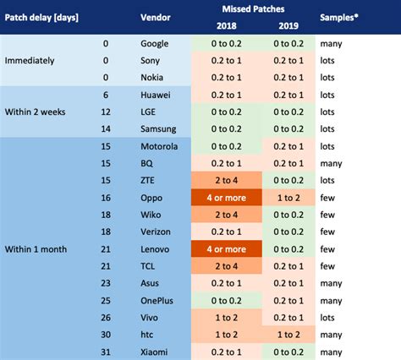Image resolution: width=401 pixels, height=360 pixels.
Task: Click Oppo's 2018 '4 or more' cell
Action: coord(225,198)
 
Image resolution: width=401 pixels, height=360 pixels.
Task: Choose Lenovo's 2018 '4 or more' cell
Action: coord(225,249)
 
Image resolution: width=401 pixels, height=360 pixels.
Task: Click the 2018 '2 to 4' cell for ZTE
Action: coord(225,180)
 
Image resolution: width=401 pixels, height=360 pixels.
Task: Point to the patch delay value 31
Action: coord(105,352)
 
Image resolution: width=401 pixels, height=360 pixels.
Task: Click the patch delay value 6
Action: coord(105,95)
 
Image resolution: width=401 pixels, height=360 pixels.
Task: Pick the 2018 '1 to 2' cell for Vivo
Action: coord(225,318)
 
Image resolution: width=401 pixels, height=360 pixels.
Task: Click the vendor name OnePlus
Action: coord(159,300)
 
